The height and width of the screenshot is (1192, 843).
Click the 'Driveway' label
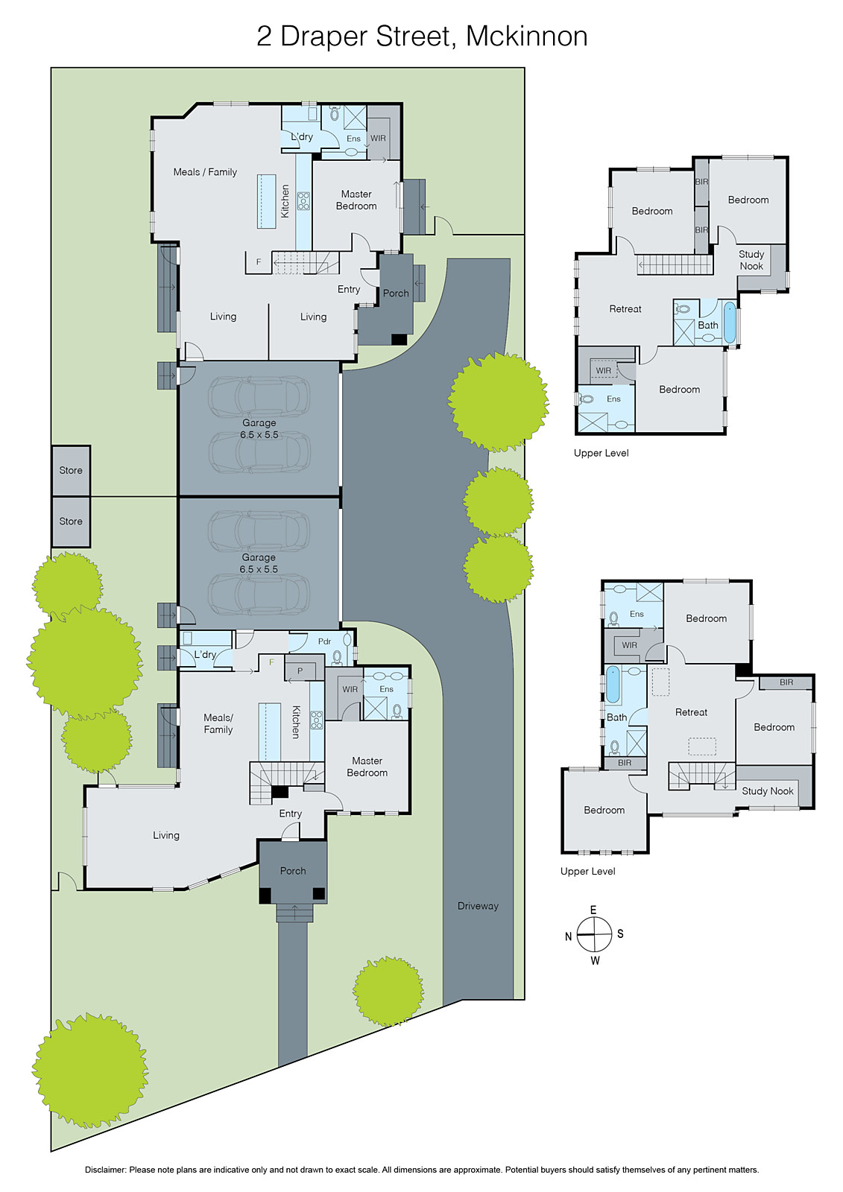[478, 906]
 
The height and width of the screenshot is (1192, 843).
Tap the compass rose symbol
[594, 935]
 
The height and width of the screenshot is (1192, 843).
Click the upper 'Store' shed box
[71, 470]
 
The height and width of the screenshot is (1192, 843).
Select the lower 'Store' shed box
[71, 521]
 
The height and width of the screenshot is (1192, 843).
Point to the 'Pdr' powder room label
[324, 641]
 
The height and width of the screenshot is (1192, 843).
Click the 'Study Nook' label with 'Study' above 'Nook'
[751, 260]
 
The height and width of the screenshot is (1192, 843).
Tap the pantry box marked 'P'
[300, 670]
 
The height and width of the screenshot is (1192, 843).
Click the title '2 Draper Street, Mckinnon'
[422, 36]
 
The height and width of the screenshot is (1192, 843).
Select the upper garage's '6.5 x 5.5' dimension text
[259, 434]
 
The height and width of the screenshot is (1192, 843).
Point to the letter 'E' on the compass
[593, 910]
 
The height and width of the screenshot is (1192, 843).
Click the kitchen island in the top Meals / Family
[266, 200]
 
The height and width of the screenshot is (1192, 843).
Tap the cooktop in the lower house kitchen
[316, 720]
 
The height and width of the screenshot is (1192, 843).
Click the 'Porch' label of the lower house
[293, 870]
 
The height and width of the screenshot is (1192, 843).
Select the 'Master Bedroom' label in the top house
[356, 200]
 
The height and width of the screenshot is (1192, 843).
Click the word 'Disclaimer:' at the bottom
[105, 1170]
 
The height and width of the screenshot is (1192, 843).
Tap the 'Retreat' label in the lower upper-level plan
[691, 712]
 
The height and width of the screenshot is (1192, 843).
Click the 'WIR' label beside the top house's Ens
[379, 138]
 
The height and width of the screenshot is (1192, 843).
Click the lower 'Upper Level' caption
[588, 871]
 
